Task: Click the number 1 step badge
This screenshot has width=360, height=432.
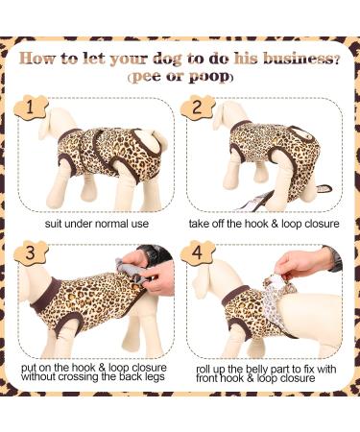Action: (x=31, y=108)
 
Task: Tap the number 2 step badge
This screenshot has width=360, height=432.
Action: (x=197, y=108)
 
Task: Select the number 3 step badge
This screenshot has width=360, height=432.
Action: (x=31, y=252)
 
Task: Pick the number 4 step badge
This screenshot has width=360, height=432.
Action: (x=197, y=252)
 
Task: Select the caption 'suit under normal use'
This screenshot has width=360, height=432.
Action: (x=97, y=224)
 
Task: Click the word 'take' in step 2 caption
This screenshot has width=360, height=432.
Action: (x=198, y=224)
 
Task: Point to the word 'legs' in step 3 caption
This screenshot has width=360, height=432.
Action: (x=155, y=376)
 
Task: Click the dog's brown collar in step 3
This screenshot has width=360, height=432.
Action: (x=45, y=296)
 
